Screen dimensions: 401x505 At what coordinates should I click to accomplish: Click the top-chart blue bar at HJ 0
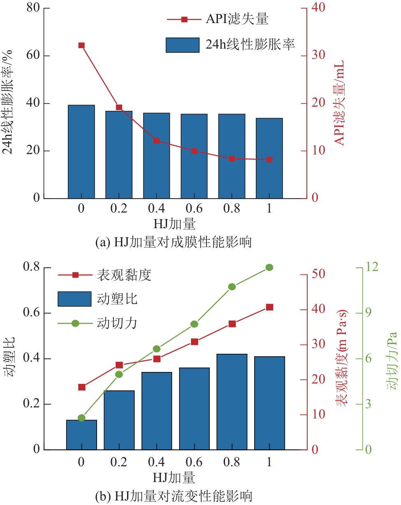81,152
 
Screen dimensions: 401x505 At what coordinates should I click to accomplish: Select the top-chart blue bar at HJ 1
269,158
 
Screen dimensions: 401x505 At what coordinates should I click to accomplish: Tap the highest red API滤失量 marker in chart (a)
81,45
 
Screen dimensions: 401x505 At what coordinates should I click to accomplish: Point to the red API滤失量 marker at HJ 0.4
157,140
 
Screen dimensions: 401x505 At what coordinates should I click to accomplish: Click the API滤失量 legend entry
218,19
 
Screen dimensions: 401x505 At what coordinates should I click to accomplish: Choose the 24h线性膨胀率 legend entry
230,44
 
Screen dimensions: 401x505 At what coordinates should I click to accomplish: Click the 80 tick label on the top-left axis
33,8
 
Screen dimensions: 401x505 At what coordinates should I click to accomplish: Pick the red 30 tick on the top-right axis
318,55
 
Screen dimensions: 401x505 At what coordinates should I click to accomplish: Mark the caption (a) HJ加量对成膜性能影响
174,243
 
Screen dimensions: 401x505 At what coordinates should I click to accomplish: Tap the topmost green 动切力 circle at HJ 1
269,267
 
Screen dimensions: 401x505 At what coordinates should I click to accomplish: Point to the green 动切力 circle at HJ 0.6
194,324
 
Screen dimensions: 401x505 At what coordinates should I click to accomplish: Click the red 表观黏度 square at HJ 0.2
119,365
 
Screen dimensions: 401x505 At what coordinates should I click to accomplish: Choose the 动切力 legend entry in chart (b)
97,323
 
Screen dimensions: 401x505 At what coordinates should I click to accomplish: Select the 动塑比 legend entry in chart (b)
97,299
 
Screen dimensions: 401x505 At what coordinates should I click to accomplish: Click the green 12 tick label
372,267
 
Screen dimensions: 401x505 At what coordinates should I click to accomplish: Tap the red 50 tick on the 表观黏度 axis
318,274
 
